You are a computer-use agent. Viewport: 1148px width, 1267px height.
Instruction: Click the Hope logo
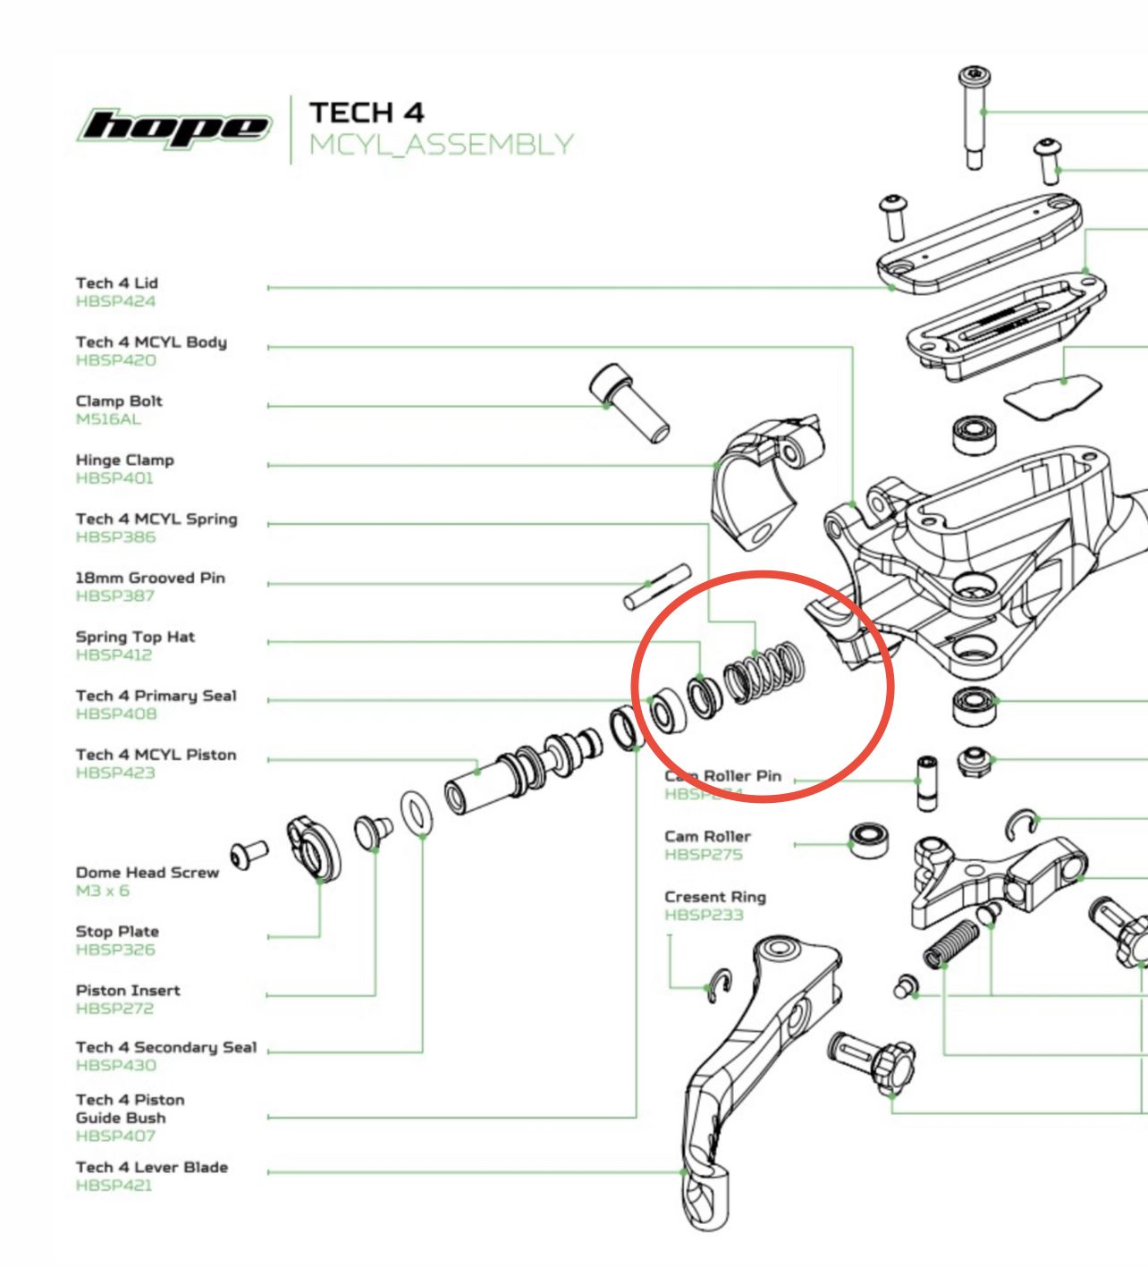click(175, 128)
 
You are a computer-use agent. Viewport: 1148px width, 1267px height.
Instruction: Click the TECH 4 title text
click(367, 113)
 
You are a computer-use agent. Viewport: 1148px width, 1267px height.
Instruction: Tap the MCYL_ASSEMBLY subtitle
click(441, 145)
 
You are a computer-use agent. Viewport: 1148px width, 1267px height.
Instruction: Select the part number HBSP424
click(115, 301)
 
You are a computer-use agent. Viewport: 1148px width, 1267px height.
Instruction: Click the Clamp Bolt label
click(119, 401)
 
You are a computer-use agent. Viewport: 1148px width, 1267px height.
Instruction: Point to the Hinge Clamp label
click(125, 460)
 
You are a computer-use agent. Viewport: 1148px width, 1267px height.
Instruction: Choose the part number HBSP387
click(115, 595)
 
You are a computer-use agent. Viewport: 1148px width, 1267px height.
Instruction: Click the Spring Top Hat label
click(135, 637)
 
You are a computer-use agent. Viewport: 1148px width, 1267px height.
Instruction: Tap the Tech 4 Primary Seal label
click(156, 696)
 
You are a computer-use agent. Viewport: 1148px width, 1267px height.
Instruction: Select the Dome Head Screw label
click(148, 873)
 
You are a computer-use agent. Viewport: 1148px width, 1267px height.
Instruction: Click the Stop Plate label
click(117, 932)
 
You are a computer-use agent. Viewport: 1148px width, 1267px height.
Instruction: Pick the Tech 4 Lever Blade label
click(152, 1167)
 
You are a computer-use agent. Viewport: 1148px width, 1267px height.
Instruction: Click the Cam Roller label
click(707, 836)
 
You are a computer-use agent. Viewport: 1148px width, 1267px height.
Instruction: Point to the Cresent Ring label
click(715, 897)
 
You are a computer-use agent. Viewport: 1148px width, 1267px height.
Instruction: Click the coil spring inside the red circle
click(765, 671)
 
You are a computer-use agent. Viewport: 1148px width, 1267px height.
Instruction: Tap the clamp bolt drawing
click(629, 403)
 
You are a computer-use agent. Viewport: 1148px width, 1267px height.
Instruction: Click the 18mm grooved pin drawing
click(657, 586)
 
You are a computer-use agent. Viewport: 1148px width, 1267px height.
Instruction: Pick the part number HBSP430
click(115, 1065)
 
